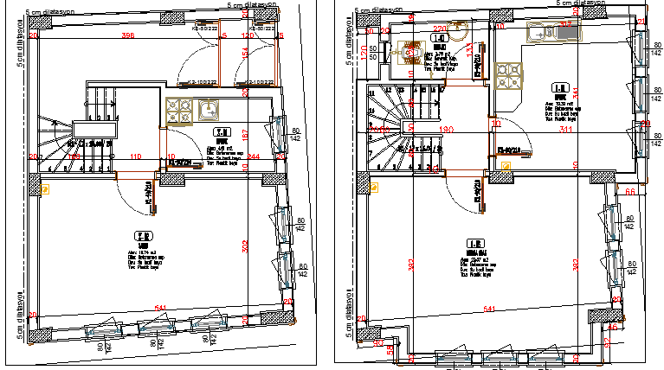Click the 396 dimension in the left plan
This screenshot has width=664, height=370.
point(128,35)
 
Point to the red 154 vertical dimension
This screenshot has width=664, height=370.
point(245,54)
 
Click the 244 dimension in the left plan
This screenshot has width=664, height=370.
point(253,156)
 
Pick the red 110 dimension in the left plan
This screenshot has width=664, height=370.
point(135,156)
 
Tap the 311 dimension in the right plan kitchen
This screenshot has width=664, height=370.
point(566,130)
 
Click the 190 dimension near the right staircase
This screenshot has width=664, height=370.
point(446,130)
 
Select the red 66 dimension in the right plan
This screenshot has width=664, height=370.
point(630,190)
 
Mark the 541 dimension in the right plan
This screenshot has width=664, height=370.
point(490,309)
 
